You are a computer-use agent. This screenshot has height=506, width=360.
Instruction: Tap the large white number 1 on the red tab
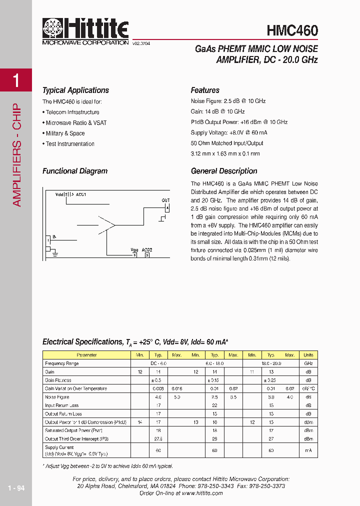pyautogui.click(x=16, y=80)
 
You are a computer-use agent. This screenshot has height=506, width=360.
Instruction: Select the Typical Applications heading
pyautogui.click(x=75, y=90)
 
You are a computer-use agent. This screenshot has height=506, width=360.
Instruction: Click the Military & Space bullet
pyautogui.click(x=65, y=133)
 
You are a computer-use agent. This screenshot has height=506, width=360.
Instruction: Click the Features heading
pyautogui.click(x=205, y=90)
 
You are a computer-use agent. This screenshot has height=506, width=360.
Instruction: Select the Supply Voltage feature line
pyautogui.click(x=229, y=132)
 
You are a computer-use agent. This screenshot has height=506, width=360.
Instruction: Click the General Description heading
pyautogui.click(x=224, y=171)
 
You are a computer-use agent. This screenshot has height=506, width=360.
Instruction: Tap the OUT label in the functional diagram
pyautogui.click(x=165, y=200)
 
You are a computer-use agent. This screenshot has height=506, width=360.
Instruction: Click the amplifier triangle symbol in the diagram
pyautogui.click(x=106, y=223)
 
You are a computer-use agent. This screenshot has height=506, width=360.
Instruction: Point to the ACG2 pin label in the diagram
pyautogui.click(x=146, y=249)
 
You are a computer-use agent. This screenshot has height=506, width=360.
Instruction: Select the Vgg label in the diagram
pyautogui.click(x=134, y=249)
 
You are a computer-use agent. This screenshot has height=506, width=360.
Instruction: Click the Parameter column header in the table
pyautogui.click(x=87, y=355)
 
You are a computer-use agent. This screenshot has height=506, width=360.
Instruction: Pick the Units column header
pyautogui.click(x=308, y=355)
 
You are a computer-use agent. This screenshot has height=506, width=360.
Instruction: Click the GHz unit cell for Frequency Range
pyautogui.click(x=308, y=363)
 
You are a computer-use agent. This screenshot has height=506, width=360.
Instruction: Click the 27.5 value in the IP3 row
pyautogui.click(x=158, y=439)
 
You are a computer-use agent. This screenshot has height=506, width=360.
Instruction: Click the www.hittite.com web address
pyautogui.click(x=202, y=493)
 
